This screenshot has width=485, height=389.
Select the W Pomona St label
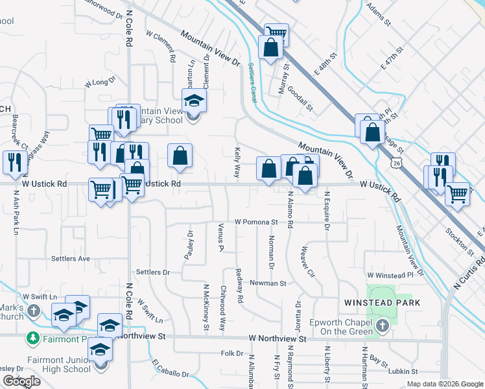(256, 222)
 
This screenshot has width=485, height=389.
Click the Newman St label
(268, 283)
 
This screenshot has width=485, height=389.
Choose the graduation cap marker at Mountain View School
(193, 102)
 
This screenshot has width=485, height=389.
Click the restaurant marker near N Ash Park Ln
(12, 162)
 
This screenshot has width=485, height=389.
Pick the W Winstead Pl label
(390, 275)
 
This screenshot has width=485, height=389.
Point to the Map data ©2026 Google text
(444, 384)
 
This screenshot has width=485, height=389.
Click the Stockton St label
(457, 240)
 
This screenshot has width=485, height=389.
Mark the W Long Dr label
(100, 82)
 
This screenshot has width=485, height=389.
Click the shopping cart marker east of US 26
(458, 193)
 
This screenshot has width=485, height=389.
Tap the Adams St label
(379, 12)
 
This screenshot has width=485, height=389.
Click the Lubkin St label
(401, 371)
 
